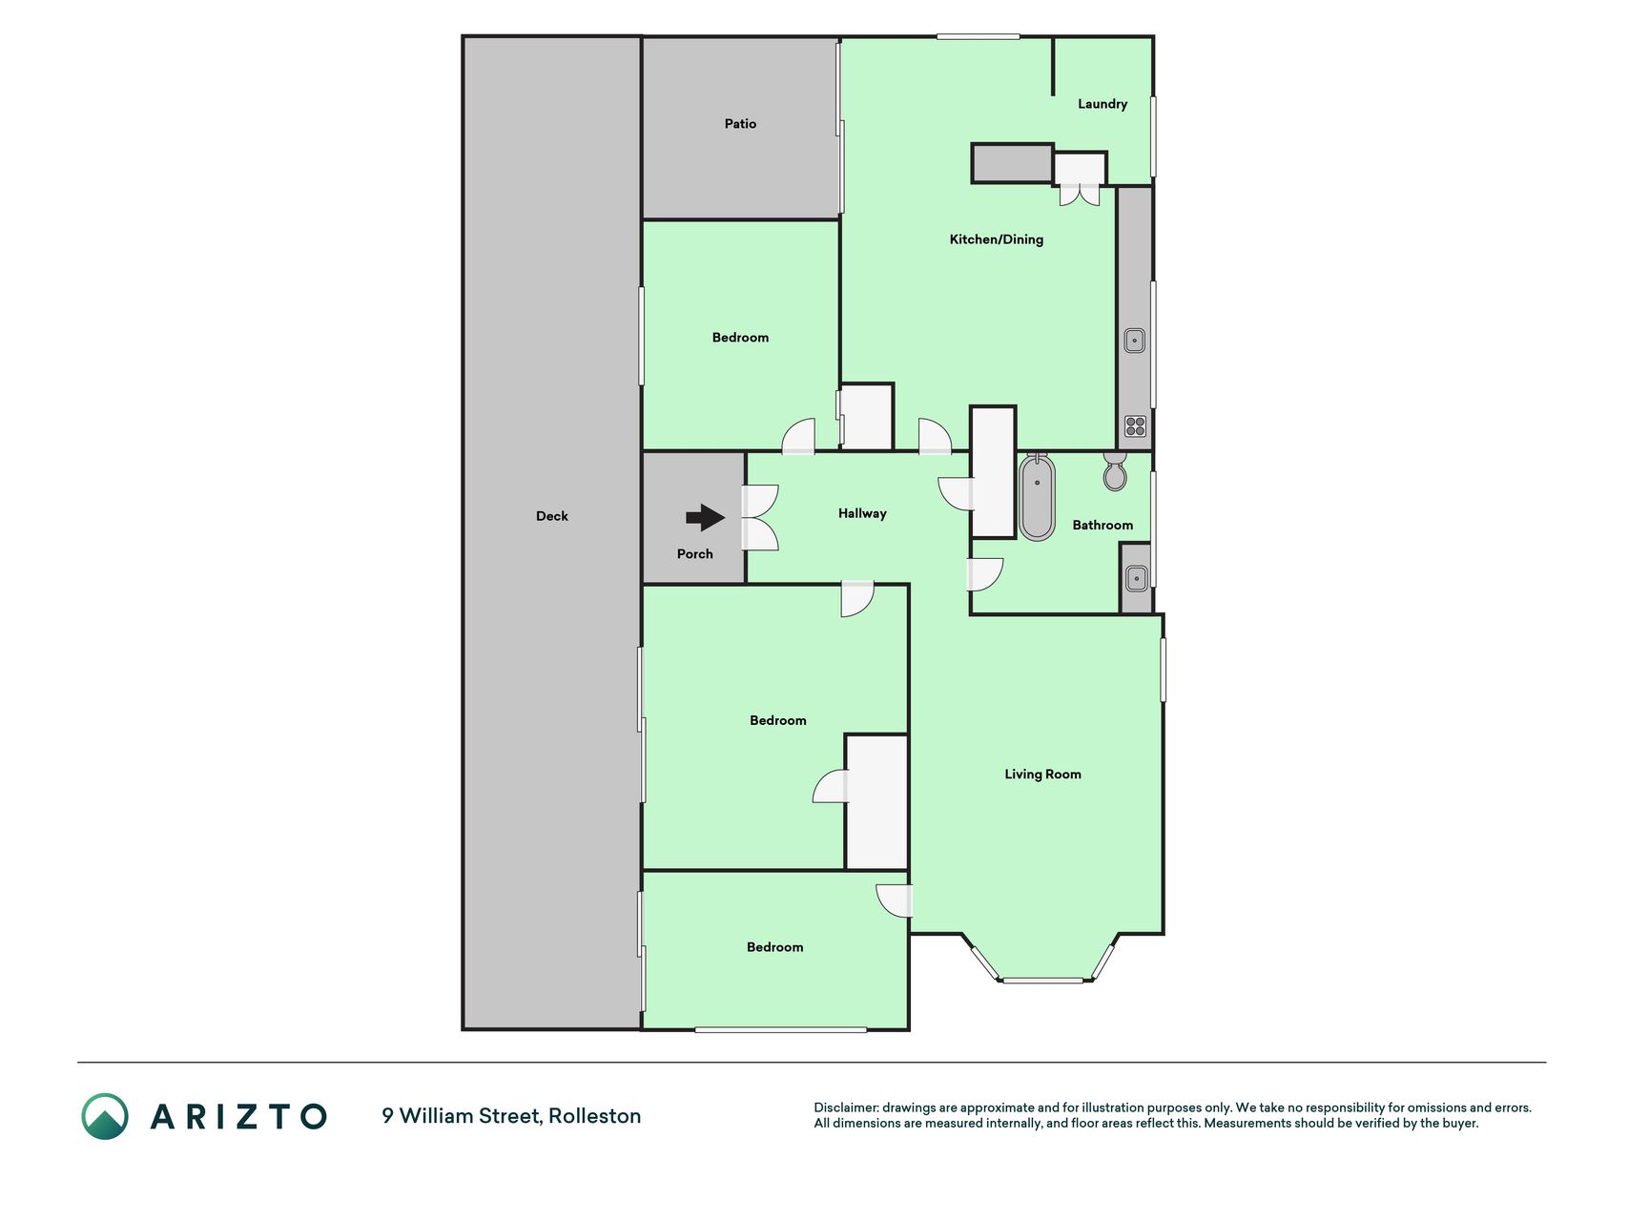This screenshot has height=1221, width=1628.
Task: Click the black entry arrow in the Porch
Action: point(706,518)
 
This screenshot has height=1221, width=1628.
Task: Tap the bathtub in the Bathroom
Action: point(1037,498)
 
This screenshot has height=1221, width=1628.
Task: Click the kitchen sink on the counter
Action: point(1134,341)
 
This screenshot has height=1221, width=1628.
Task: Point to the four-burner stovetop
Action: point(1135,426)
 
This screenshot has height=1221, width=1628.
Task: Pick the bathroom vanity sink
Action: point(1136,578)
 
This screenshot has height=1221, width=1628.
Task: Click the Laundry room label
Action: point(1103,104)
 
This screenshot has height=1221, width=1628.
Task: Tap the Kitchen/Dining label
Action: point(997,239)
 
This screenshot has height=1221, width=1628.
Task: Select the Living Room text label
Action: point(1042,775)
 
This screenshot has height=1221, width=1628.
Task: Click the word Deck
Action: point(552,516)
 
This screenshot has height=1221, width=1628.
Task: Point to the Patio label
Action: point(740,124)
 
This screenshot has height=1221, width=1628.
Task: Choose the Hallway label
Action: point(862,513)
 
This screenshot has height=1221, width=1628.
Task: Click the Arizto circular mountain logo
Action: point(105,1116)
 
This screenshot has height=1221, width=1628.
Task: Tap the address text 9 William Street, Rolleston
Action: point(511,1116)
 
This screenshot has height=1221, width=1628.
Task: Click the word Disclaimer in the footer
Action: point(845,1107)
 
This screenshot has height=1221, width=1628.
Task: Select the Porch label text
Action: point(695,554)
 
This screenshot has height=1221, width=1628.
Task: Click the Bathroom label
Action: point(1103,525)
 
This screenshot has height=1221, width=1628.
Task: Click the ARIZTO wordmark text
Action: point(238,1116)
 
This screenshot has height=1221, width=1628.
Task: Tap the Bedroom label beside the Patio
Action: point(740,338)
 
